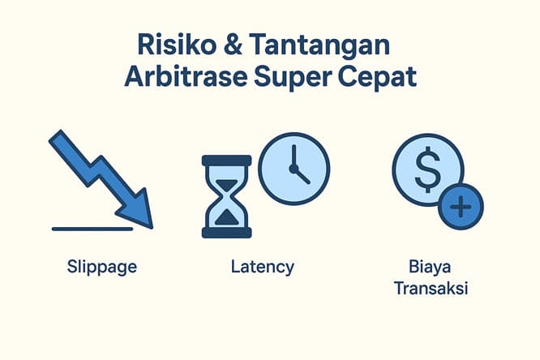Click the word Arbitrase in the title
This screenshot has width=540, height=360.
tap(182, 78)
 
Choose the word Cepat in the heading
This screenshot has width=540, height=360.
tap(378, 78)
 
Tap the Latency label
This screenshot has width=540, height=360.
tap(262, 266)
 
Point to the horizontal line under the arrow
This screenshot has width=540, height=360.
tap(92, 229)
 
